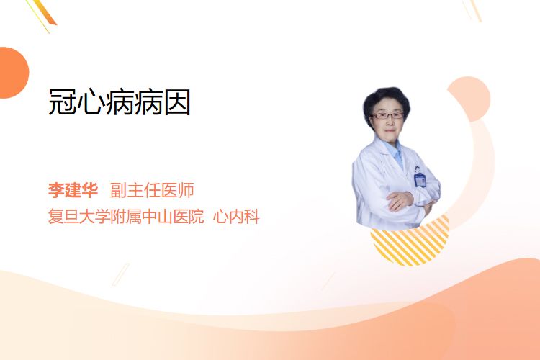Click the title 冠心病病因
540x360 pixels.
119,102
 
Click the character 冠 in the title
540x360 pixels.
62,102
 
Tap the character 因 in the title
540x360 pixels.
177,102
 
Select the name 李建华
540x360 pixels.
73,190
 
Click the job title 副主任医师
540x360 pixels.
152,190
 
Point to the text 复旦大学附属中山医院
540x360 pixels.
126,217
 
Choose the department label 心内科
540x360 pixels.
236,217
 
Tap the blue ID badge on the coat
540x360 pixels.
420,179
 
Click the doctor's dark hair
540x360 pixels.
386,98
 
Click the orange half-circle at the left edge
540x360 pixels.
13,73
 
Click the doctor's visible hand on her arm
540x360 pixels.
400,201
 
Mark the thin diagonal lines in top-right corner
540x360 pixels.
472,10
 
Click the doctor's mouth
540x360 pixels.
390,130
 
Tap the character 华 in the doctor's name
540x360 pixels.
90,190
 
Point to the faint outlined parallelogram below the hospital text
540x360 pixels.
121,274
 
